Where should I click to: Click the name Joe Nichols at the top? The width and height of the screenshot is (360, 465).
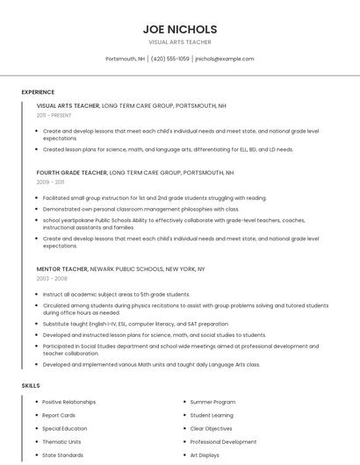pos(180,29)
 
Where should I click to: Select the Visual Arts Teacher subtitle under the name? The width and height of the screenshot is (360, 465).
pos(180,42)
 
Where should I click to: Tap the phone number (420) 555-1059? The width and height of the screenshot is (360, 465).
pos(170,59)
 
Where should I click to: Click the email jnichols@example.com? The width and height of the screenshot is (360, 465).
pos(225,59)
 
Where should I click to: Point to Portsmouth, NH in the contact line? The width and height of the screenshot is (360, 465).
pos(126,59)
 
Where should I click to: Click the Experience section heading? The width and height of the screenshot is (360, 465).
pos(38,92)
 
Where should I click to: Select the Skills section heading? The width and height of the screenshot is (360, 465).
pos(31,385)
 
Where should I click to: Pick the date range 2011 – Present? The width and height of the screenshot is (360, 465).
pos(54,115)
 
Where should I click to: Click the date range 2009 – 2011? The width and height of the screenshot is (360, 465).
pos(50,182)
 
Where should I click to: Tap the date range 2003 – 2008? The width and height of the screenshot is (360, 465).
pos(52,278)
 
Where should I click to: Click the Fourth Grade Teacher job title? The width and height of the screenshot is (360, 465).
pos(71,173)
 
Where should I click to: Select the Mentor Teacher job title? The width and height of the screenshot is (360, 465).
pos(62,268)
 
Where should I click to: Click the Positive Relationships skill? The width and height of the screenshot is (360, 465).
pos(69,402)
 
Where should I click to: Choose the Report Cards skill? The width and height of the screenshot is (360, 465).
pos(59,415)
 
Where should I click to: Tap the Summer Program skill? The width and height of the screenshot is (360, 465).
pos(213,402)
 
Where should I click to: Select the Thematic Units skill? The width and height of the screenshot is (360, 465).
pos(61,442)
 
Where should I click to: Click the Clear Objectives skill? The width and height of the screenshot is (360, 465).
pos(212,429)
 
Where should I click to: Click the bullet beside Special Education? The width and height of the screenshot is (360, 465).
pos(35,429)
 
